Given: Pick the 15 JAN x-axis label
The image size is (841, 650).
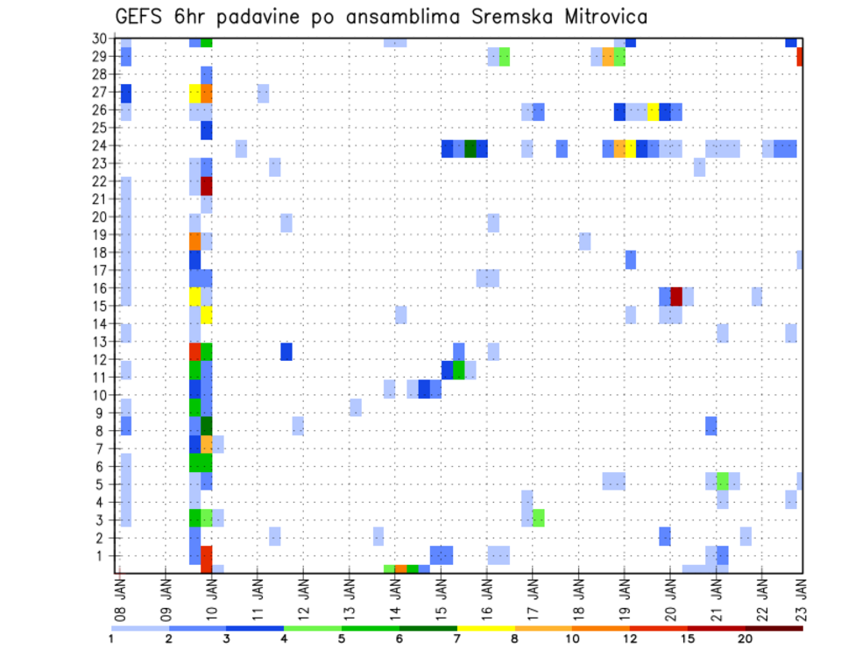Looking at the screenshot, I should pos(442,595).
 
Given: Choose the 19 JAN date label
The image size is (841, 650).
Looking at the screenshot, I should pos(625,595).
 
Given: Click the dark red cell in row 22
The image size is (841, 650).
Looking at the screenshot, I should pos(207,186).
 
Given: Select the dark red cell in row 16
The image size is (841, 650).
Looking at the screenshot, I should pos(676,296).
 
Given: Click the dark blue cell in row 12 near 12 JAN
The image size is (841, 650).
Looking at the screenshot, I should pos(286,351).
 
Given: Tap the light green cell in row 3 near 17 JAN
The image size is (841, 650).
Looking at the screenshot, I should pos(538,518).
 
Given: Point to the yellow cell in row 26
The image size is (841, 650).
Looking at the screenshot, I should pos(654,111).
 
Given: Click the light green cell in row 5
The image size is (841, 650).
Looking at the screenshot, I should pos(723,481).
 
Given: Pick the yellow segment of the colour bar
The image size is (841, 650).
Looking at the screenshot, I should pos(485,628).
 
